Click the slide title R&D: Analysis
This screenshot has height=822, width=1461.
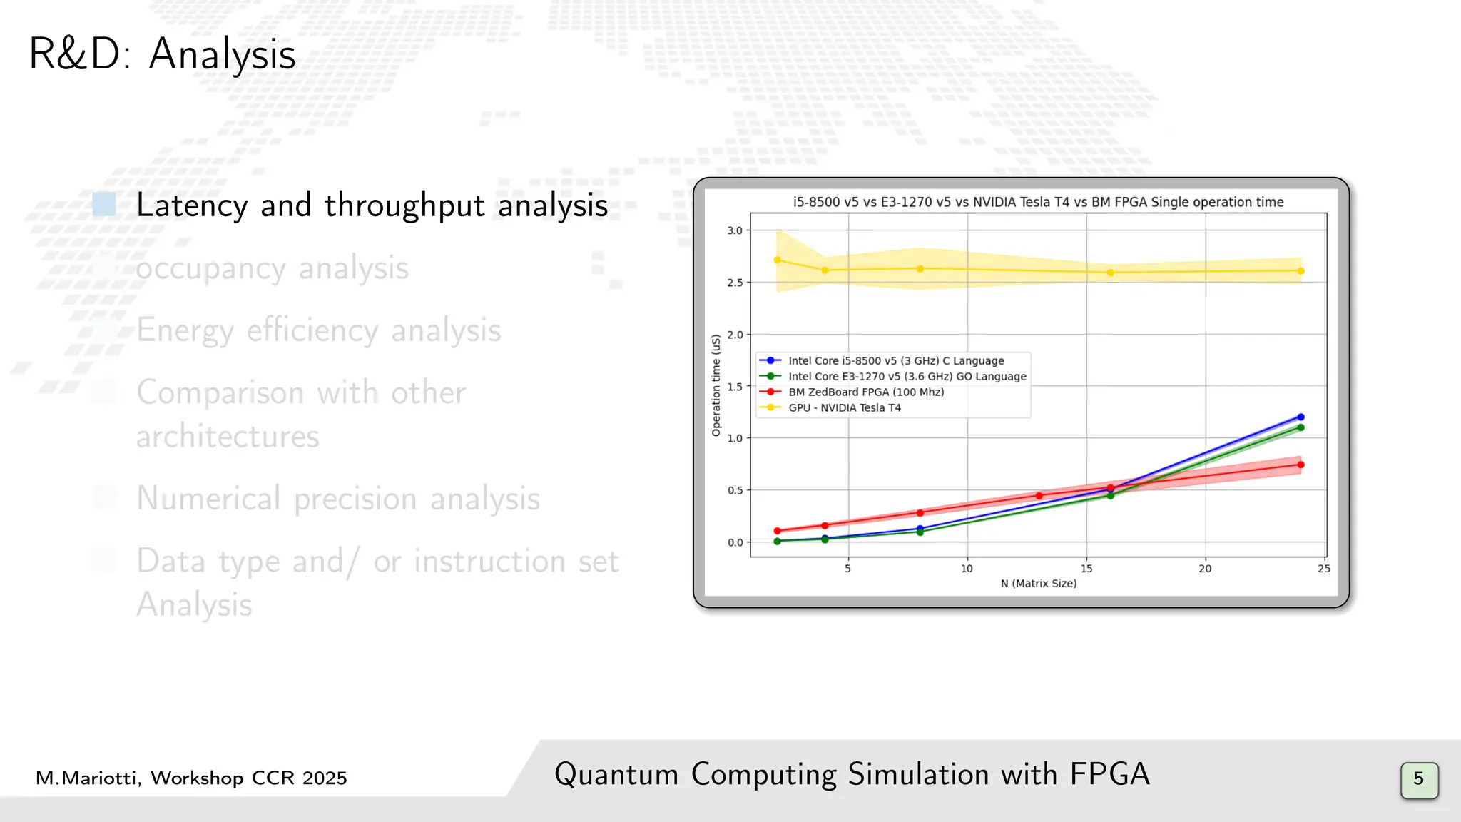pyautogui.click(x=162, y=54)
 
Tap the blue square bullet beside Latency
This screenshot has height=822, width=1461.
pyautogui.click(x=104, y=205)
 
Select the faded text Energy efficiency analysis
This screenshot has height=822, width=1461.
pyautogui.click(x=318, y=330)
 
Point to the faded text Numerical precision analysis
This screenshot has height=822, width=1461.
pyautogui.click(x=338, y=499)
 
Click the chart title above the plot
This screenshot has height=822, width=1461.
pyautogui.click(x=1038, y=202)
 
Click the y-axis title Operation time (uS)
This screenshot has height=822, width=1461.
pyautogui.click(x=716, y=385)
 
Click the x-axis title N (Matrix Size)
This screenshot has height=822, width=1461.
pyautogui.click(x=1038, y=584)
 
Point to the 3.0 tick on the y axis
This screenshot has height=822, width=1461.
pyautogui.click(x=735, y=230)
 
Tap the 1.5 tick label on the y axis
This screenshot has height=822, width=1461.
pyautogui.click(x=735, y=387)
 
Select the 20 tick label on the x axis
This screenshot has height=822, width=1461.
pyautogui.click(x=1205, y=569)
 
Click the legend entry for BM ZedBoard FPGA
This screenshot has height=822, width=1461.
pyautogui.click(x=865, y=392)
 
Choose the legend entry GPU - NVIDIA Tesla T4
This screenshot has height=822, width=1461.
pyautogui.click(x=844, y=408)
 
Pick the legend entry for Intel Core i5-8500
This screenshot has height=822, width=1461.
pyautogui.click(x=895, y=361)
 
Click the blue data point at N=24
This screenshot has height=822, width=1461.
pyautogui.click(x=1300, y=417)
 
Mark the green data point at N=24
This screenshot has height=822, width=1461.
pyautogui.click(x=1300, y=428)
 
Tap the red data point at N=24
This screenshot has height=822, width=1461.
pyautogui.click(x=1300, y=465)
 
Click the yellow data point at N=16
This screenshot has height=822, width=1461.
pyautogui.click(x=1110, y=273)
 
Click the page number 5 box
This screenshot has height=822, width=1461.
pyautogui.click(x=1419, y=779)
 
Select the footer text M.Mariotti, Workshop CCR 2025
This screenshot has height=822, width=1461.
pyautogui.click(x=191, y=778)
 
